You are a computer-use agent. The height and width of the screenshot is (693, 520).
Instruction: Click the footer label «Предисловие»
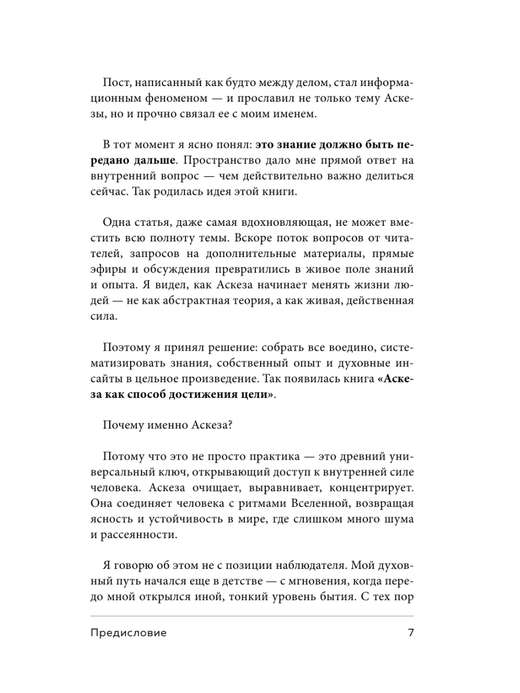pos(128,633)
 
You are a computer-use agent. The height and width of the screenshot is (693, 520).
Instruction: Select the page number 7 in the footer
pos(411,633)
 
